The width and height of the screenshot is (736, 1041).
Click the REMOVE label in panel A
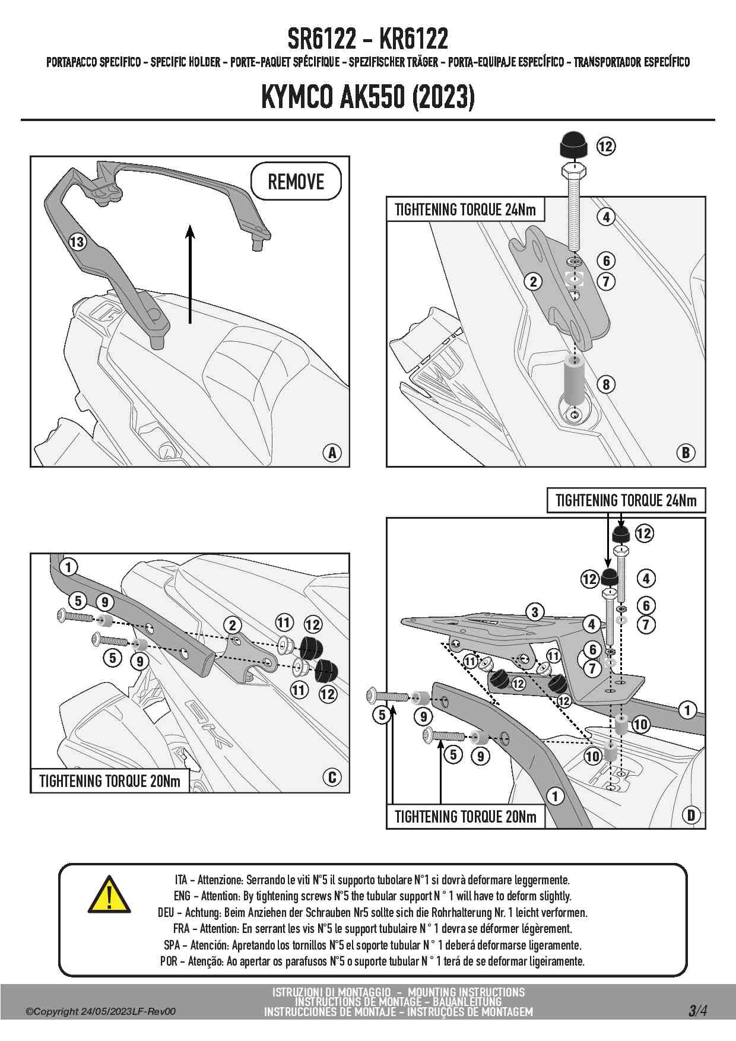point(296,181)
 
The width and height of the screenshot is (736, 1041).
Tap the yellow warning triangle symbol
point(109,895)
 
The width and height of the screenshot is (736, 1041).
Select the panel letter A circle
point(332,453)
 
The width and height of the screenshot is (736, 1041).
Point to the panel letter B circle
point(686,453)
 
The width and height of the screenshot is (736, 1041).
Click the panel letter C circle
point(332,777)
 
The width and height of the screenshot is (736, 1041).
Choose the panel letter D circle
point(691,815)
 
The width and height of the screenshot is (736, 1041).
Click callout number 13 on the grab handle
point(77,242)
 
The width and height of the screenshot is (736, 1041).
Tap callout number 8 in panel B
point(606,385)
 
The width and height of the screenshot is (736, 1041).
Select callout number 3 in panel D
point(535,612)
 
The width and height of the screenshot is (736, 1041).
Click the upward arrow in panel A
point(190,273)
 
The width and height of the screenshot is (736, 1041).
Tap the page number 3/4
point(697,1010)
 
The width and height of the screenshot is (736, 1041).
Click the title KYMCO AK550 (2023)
point(368,97)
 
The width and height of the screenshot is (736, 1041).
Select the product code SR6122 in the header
point(322,39)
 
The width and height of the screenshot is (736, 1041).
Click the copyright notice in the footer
point(100,1011)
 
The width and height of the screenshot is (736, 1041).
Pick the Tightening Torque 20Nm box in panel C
point(110,780)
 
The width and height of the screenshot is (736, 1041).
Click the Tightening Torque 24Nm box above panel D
point(626,500)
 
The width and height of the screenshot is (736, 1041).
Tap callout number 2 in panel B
point(533,281)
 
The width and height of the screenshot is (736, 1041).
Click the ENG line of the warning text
point(372,896)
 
